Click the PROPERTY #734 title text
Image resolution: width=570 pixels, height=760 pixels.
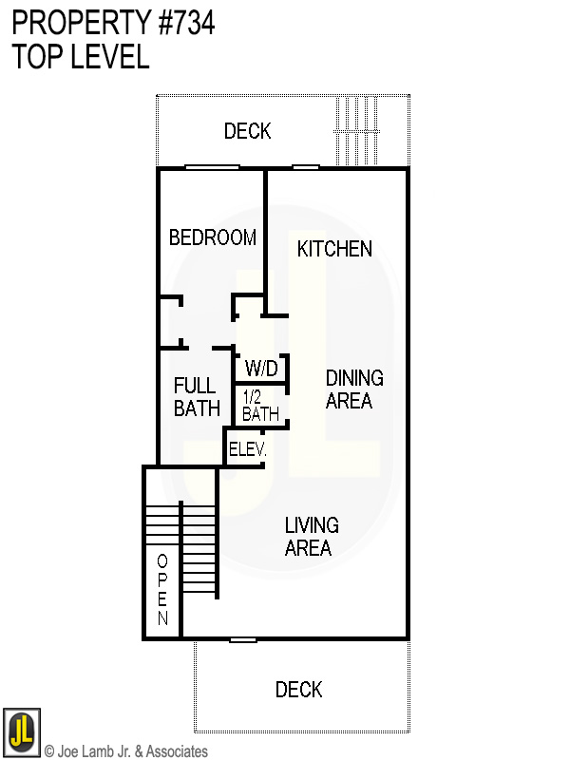[113, 23]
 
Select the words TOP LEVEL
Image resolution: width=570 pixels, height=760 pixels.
[81, 57]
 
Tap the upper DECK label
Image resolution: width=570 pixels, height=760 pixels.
[248, 131]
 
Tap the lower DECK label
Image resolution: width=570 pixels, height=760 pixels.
[299, 690]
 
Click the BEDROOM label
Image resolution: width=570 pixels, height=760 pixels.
[212, 237]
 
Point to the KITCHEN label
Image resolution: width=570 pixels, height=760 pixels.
[334, 249]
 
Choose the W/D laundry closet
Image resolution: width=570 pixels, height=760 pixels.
[260, 368]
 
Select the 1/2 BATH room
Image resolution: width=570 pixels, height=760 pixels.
[260, 406]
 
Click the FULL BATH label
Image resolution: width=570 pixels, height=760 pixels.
[197, 398]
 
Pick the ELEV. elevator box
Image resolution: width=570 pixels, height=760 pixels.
[245, 448]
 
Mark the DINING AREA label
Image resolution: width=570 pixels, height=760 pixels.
[354, 389]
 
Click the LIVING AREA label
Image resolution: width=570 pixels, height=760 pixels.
[312, 537]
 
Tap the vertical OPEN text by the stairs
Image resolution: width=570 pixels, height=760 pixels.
[162, 589]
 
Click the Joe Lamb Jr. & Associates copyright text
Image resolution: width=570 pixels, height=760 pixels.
[125, 751]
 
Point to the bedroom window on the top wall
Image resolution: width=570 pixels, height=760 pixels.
[212, 168]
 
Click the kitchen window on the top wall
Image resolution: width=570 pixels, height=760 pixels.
[305, 168]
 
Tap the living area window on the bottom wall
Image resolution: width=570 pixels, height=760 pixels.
[243, 639]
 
